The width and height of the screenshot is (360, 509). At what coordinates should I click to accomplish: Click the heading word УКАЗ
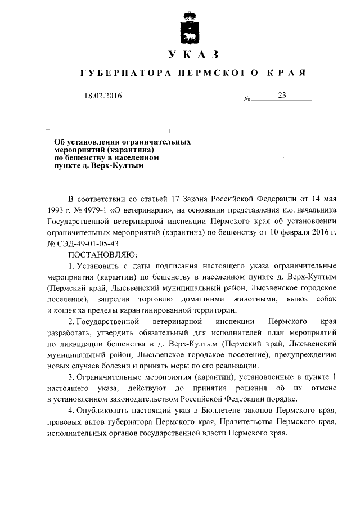[x=193, y=55]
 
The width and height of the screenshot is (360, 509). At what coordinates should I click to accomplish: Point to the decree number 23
[x=282, y=96]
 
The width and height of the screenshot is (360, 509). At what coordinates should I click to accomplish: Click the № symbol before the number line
[x=247, y=100]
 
